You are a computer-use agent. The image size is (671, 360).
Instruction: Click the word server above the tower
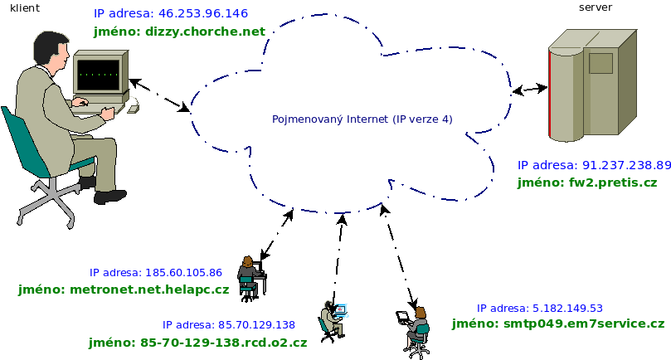[x=595, y=7]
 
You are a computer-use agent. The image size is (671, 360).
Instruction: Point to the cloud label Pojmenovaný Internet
[x=362, y=119]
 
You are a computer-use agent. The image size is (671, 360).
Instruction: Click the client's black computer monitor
[x=99, y=75]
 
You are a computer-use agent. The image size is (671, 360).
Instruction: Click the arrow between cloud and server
[x=529, y=89]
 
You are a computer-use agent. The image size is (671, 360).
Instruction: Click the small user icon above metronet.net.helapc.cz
[x=248, y=275]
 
